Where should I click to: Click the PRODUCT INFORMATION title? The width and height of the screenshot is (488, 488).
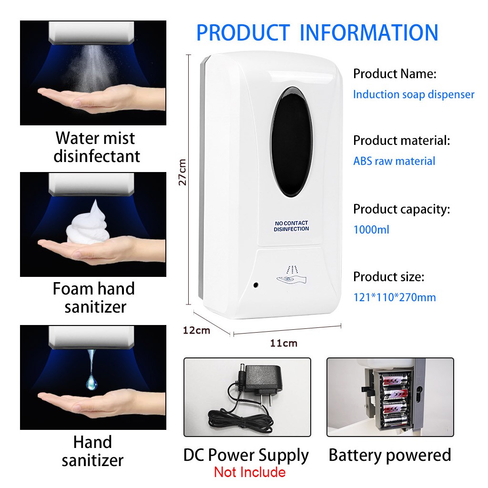317,32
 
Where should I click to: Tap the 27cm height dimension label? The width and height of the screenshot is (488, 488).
182,172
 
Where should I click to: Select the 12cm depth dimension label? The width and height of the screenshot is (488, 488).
196,330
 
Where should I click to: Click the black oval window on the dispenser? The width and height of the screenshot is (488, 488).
291,142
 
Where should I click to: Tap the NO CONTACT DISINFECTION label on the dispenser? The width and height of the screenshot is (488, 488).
291,226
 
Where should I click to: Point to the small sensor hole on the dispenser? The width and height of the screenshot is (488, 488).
255,285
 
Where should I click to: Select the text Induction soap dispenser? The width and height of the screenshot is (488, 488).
413,94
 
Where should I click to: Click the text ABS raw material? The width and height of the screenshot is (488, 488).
394,161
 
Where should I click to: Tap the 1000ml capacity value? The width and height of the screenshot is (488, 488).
371,230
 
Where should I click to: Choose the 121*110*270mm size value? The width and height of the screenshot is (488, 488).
394,297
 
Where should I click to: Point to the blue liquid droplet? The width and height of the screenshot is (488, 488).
91,376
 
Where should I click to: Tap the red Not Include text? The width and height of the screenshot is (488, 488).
250,472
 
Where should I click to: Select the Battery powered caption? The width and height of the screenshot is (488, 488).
389,455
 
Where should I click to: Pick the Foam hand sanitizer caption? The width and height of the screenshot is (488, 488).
94,298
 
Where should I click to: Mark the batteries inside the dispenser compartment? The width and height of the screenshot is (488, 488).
395,399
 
